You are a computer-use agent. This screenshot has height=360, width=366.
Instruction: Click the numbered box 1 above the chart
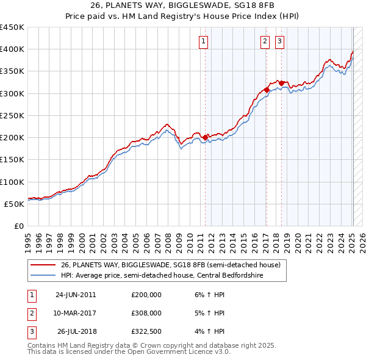[203, 41]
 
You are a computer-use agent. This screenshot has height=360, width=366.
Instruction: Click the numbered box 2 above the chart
[265, 41]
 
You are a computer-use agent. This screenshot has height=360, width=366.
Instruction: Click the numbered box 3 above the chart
[280, 41]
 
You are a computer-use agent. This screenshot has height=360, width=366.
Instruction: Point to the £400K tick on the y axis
[13, 49]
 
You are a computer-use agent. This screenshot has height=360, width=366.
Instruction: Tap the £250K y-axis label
[13, 115]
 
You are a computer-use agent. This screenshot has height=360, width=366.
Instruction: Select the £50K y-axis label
[15, 204]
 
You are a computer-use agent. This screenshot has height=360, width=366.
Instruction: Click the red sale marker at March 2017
[267, 90]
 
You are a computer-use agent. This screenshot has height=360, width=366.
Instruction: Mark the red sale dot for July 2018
[281, 83]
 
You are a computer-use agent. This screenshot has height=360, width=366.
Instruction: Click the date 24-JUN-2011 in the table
[76, 295]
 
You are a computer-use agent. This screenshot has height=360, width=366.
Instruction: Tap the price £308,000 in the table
[146, 313]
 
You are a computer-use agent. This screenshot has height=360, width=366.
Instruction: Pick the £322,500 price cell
[146, 331]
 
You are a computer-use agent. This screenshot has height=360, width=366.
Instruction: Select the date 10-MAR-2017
[76, 313]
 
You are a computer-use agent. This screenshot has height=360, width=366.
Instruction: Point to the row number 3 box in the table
[31, 331]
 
